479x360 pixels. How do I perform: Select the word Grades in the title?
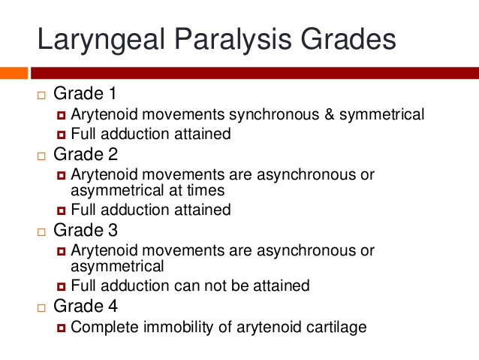[x=348, y=39]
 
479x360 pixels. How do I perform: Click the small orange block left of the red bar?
[x=14, y=73]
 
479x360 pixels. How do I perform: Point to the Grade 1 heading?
[x=85, y=93]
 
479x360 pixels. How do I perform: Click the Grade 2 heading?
[x=86, y=154]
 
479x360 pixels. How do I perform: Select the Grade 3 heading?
[x=86, y=230]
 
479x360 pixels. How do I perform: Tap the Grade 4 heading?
[x=86, y=306]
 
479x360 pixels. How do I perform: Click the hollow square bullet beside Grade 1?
[x=41, y=95]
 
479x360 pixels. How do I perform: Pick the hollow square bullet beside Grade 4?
[x=41, y=307]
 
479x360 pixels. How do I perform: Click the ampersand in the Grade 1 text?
[x=330, y=114]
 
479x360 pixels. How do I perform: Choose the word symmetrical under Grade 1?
[x=382, y=115]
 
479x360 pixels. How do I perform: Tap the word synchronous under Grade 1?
[x=274, y=115]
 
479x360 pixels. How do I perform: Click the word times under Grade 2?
[x=206, y=190]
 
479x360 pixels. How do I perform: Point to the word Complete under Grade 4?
[x=105, y=328]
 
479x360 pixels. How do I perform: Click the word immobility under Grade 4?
[x=179, y=328]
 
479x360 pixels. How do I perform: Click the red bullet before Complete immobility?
[x=61, y=328]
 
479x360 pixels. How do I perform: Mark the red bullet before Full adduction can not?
[x=61, y=286]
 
